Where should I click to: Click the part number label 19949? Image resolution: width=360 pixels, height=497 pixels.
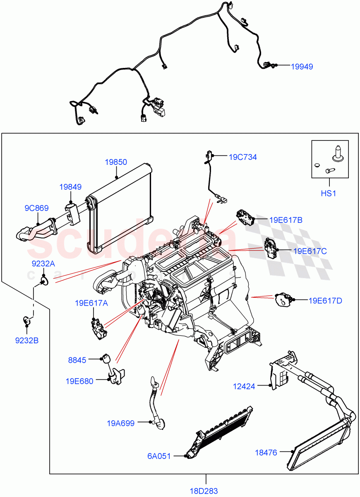pos(302,66)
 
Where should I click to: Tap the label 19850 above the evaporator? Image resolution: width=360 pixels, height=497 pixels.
pos(116,162)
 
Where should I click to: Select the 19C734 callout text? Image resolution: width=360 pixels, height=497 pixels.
pos(242,157)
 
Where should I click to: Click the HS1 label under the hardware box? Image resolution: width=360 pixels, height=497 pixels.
pos(329,193)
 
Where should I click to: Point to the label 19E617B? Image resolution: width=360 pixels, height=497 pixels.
pos(286,220)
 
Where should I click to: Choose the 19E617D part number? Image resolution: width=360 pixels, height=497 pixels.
pos(325,301)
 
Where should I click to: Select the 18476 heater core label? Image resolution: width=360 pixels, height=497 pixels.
pos(266,453)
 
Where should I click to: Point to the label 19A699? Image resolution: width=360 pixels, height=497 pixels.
pos(120,423)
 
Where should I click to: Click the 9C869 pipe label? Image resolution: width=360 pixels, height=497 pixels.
pos(36,208)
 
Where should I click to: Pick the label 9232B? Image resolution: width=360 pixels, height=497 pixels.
pos(27,340)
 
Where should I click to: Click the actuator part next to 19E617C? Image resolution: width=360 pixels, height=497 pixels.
pos(270,248)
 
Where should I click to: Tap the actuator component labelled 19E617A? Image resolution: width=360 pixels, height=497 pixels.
pos(98,329)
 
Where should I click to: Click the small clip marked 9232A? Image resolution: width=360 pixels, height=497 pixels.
pos(43,282)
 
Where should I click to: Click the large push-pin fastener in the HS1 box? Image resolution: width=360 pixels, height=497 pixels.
pos(336,154)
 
